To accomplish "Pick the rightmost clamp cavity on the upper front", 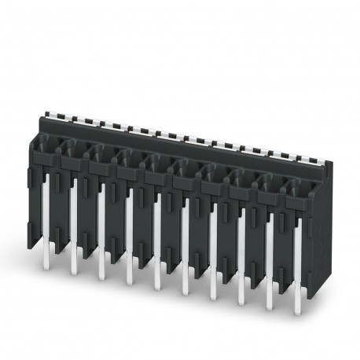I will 298,189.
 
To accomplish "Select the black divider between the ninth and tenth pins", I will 284,244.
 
